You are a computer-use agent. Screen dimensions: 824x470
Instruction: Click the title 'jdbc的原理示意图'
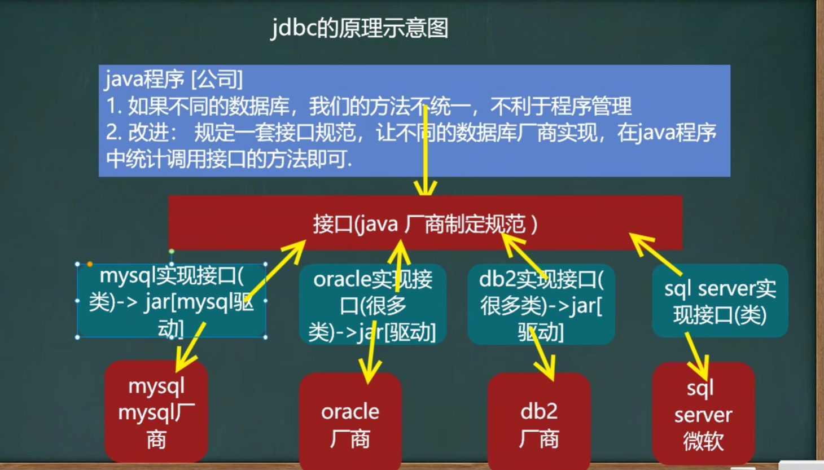(359, 28)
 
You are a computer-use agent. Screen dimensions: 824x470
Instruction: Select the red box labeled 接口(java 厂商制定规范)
(425, 223)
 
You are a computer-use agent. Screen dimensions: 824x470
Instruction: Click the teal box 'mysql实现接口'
(172, 301)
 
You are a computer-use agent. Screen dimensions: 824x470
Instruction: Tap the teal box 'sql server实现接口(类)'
(720, 301)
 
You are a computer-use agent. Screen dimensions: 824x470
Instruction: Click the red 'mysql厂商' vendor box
(156, 411)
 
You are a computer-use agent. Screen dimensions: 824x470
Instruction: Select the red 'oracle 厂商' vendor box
(350, 421)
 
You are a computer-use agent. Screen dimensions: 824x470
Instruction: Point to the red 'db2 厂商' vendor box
(539, 421)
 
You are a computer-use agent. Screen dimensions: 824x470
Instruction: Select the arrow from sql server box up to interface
(655, 254)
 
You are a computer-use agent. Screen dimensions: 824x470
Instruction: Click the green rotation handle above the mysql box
(172, 252)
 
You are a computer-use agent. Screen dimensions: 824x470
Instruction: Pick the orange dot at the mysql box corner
(90, 264)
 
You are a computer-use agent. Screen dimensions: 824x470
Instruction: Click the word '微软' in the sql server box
(703, 441)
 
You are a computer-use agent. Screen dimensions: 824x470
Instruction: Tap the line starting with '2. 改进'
(411, 133)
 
